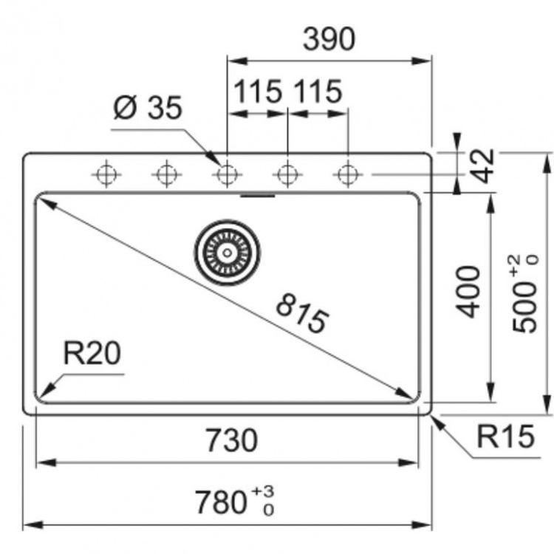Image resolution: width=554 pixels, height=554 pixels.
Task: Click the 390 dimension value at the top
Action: click(x=329, y=39)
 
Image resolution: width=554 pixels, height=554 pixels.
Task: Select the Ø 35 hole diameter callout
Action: click(x=148, y=107)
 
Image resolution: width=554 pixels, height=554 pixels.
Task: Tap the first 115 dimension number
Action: click(x=258, y=92)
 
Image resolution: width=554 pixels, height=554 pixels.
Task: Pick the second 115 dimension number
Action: click(x=318, y=92)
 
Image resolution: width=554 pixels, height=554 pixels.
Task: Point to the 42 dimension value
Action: click(x=483, y=166)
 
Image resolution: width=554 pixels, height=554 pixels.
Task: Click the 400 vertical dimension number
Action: click(x=468, y=292)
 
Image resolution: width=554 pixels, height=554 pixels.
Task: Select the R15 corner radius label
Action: click(x=505, y=437)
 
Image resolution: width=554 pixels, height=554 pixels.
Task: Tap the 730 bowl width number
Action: click(x=232, y=440)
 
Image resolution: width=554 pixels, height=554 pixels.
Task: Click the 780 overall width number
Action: click(x=221, y=502)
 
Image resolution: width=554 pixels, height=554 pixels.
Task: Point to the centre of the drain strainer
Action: click(x=228, y=253)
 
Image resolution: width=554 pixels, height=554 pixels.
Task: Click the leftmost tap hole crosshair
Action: click(x=106, y=174)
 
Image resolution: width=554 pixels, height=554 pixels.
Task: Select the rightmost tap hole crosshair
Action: click(x=348, y=174)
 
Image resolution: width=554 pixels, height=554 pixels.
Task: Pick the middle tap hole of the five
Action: click(x=228, y=174)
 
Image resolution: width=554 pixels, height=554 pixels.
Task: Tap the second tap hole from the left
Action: click(x=167, y=174)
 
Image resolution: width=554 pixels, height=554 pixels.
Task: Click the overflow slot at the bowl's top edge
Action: click(x=258, y=196)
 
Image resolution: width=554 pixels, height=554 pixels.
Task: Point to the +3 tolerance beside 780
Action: click(x=263, y=491)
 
